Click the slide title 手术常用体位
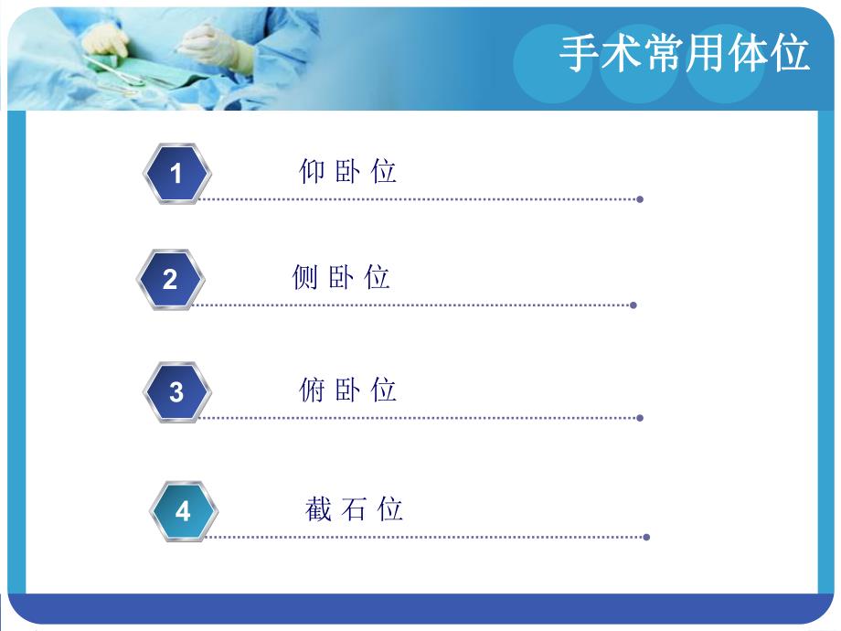click(x=685, y=54)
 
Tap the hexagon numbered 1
click(x=176, y=173)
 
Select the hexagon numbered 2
click(x=170, y=279)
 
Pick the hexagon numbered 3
click(x=176, y=391)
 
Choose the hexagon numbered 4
click(x=183, y=510)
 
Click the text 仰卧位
click(x=347, y=171)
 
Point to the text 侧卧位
click(x=341, y=277)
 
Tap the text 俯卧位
click(x=347, y=390)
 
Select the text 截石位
click(x=354, y=508)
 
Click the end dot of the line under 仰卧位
click(x=640, y=198)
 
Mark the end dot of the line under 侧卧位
click(x=633, y=305)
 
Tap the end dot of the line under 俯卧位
click(x=640, y=418)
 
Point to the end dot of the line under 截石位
click(x=646, y=537)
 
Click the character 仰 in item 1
click(x=312, y=171)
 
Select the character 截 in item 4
click(x=318, y=508)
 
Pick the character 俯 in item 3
click(x=312, y=390)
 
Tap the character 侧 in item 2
click(x=305, y=277)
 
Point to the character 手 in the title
click(x=578, y=54)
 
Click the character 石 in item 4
click(x=354, y=508)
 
